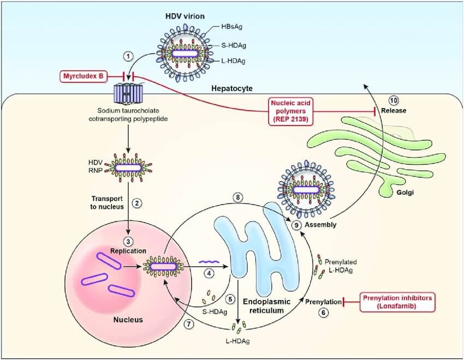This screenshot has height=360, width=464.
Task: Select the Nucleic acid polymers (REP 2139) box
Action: [x=294, y=111]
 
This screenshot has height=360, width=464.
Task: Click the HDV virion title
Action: [x=185, y=16]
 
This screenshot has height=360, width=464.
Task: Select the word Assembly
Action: [x=319, y=224]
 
